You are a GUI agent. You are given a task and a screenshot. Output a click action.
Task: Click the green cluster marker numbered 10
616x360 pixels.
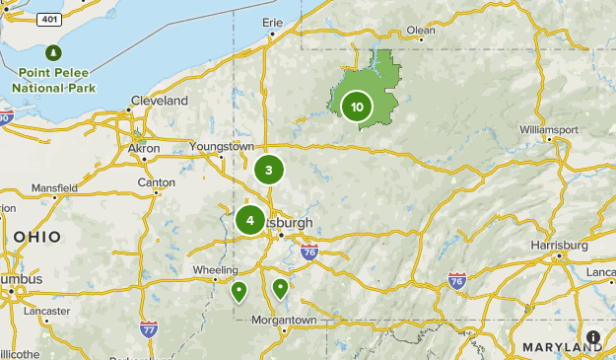tap(357, 108)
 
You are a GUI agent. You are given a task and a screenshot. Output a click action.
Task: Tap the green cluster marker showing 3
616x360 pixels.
tap(268, 170)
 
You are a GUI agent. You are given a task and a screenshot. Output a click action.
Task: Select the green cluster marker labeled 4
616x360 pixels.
tap(250, 220)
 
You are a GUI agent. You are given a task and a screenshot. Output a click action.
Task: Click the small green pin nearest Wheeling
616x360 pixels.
tap(239, 292)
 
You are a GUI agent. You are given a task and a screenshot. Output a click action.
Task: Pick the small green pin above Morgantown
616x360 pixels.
tap(280, 288)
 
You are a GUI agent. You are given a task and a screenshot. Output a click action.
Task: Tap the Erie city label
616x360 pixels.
tap(273, 22)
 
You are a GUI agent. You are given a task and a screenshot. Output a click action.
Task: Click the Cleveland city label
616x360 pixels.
tap(159, 101)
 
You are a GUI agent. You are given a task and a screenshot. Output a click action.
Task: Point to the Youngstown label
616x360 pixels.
tap(222, 146)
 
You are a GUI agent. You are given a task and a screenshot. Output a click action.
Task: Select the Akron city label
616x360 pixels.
tap(144, 148)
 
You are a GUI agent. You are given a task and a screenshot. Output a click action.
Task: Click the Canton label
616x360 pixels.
tap(157, 182)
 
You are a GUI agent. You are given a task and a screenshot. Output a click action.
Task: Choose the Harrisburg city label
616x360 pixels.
tap(559, 244)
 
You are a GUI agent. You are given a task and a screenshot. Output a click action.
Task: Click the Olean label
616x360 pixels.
tap(421, 30)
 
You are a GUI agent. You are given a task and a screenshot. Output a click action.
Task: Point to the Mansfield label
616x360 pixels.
tap(55, 187)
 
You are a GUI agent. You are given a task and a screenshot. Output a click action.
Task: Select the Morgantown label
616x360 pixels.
tap(284, 321)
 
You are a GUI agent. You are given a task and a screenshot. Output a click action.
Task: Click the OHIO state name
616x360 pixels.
tap(37, 237)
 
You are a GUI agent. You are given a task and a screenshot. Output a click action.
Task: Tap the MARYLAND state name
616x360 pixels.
tap(562, 347)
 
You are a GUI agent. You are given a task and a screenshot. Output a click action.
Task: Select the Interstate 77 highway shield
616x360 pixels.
tap(149, 326)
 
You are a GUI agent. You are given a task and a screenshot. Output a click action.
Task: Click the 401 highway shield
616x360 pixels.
tap(47, 19)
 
